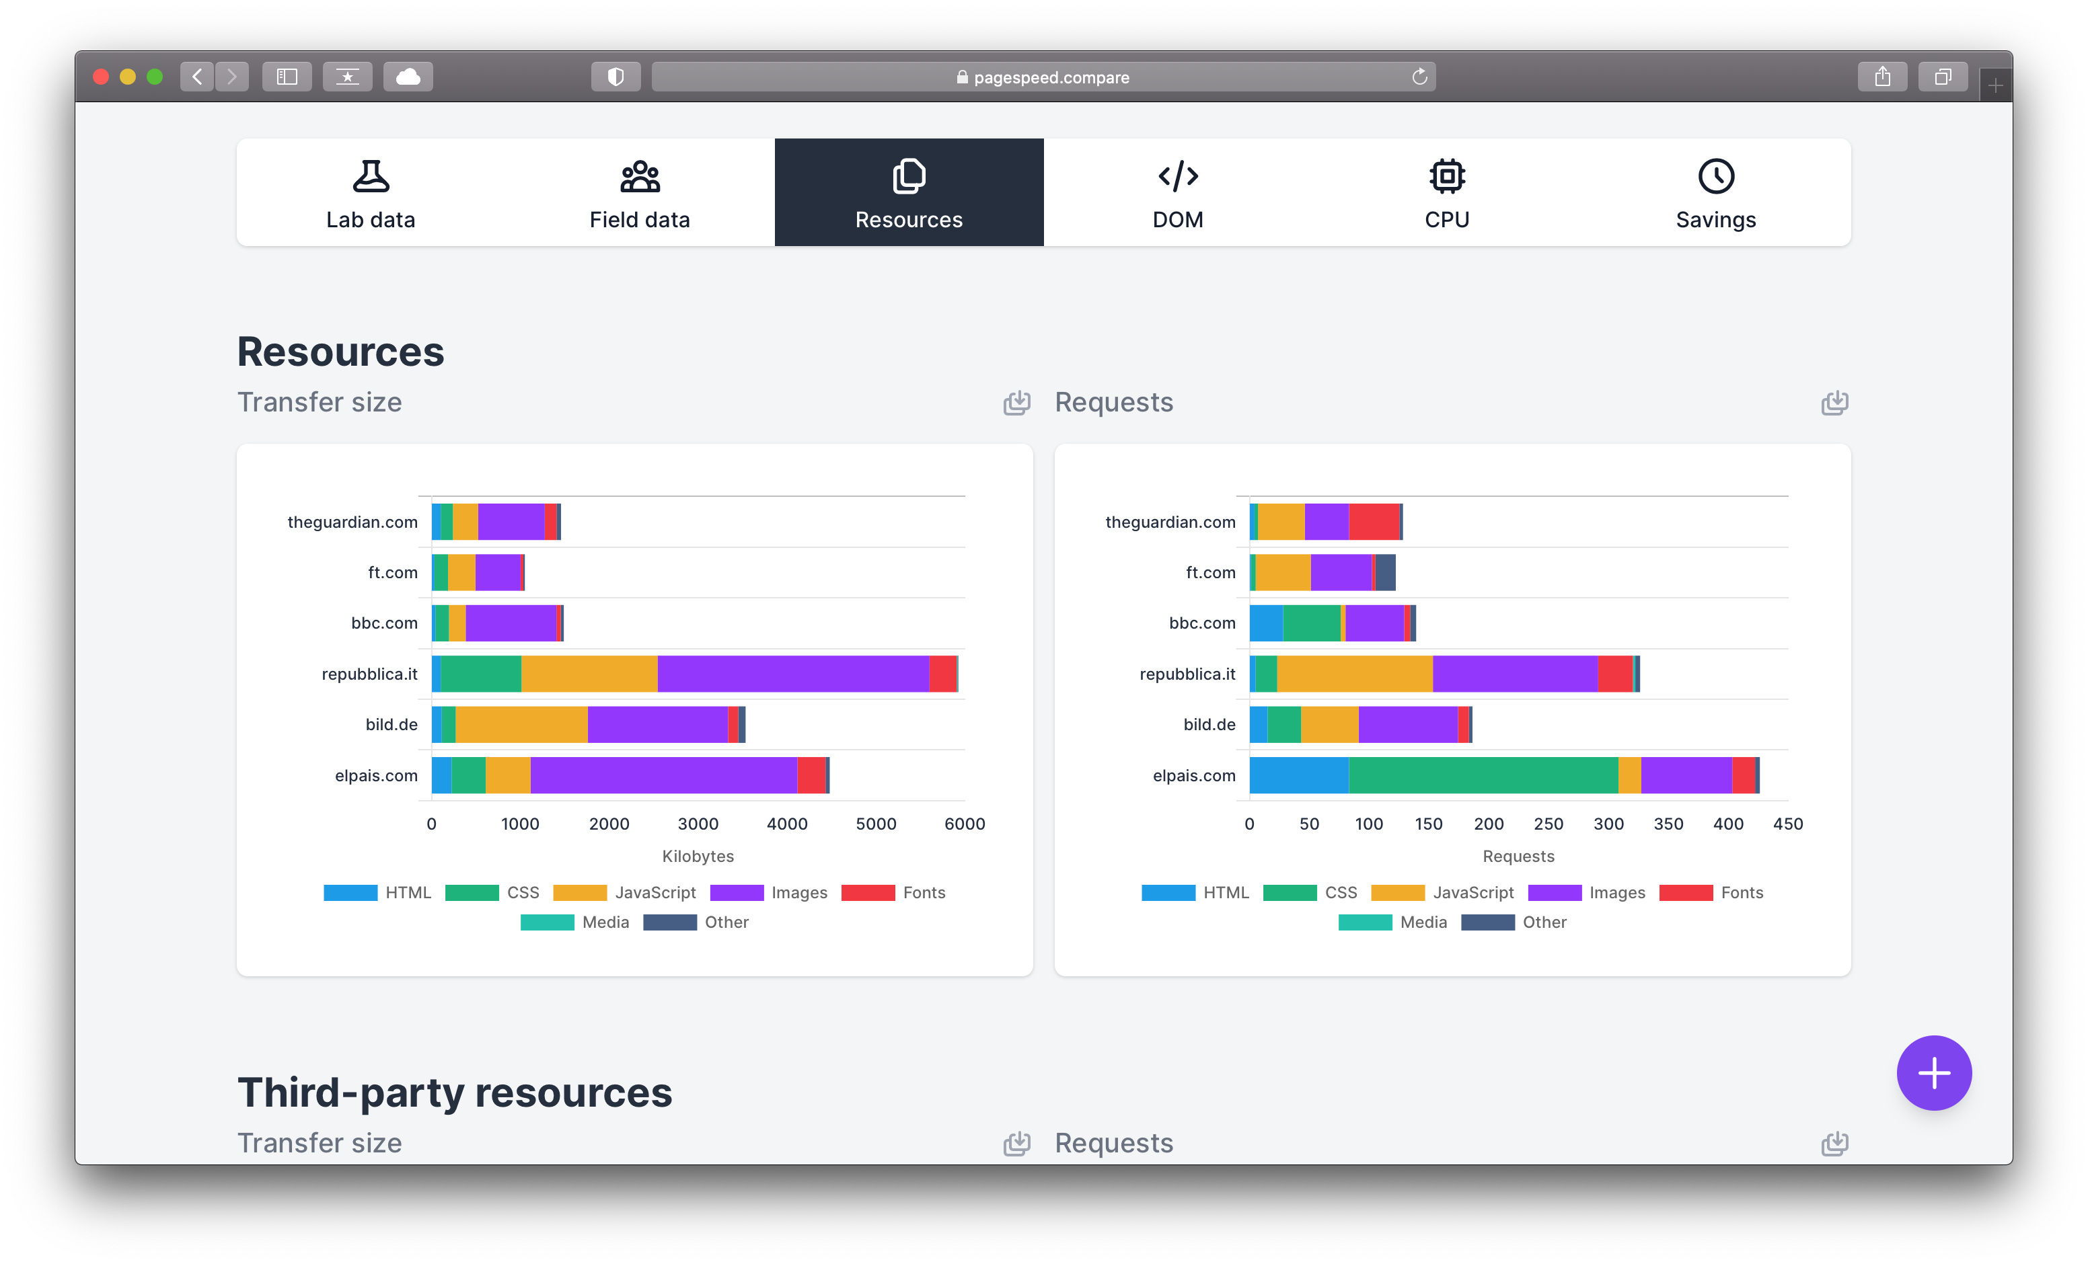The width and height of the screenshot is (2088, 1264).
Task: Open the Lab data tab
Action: click(371, 193)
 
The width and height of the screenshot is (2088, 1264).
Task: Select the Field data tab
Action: click(640, 193)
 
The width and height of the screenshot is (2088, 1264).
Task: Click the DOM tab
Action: click(1177, 193)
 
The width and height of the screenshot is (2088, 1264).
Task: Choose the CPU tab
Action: click(1446, 193)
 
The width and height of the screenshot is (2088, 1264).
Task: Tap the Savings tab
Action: click(1715, 193)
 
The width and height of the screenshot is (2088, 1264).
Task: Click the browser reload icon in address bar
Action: click(1419, 77)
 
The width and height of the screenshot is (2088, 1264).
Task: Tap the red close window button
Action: click(101, 77)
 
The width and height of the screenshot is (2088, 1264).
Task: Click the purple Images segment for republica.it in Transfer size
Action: click(792, 674)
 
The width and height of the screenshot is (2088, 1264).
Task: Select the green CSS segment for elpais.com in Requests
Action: click(1483, 775)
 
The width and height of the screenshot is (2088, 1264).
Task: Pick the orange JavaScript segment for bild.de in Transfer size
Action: click(521, 724)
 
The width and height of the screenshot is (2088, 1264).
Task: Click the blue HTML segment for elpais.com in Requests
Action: click(1298, 775)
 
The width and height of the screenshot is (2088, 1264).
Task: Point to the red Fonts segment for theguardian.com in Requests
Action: click(1374, 522)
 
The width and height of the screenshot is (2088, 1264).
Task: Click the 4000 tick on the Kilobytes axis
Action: click(786, 824)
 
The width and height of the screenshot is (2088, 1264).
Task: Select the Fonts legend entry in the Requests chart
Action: click(1712, 892)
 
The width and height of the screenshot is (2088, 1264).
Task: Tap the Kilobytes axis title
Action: click(698, 856)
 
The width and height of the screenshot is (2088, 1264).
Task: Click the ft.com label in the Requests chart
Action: click(1210, 573)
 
